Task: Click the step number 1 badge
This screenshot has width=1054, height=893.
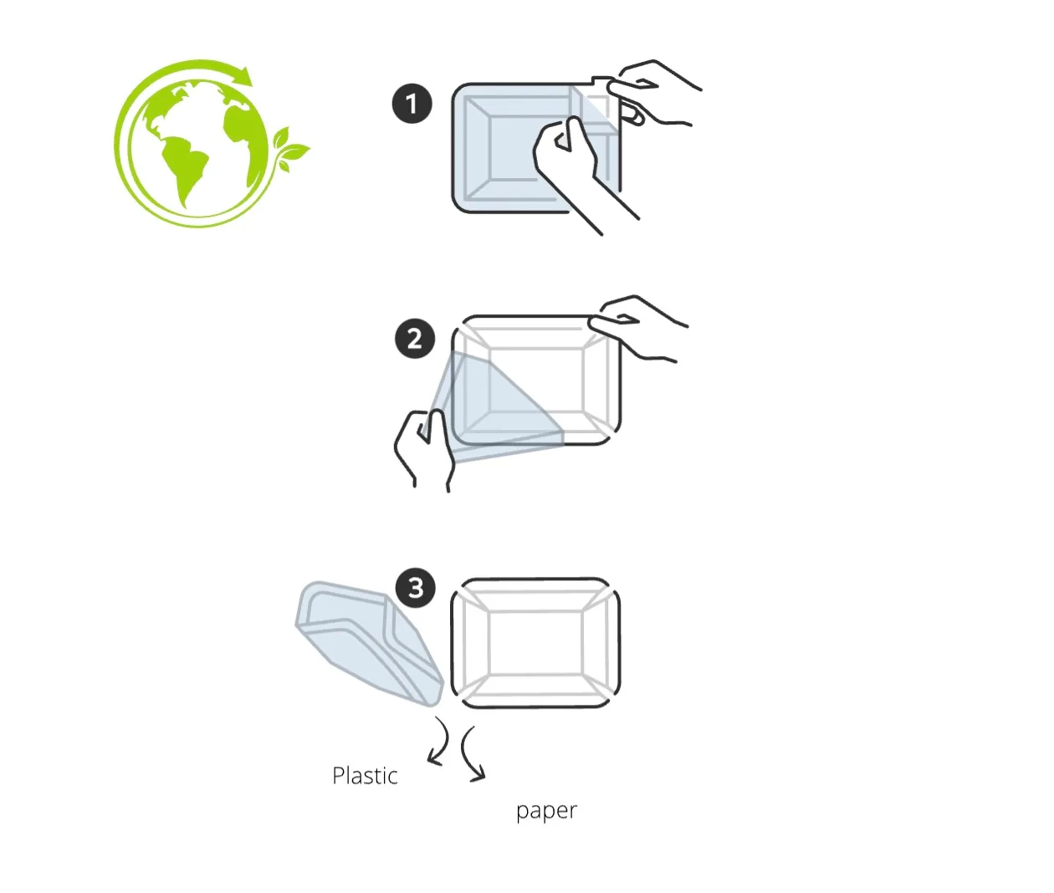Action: (x=412, y=104)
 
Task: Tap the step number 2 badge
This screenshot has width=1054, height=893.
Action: (x=415, y=339)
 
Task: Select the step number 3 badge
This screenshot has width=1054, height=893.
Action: (x=416, y=588)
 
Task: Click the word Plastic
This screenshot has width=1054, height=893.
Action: (x=365, y=776)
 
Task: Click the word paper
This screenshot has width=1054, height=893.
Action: (x=546, y=811)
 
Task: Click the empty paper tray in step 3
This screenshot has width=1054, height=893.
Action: (x=535, y=643)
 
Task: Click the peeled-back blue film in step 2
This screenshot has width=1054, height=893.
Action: (x=489, y=408)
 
